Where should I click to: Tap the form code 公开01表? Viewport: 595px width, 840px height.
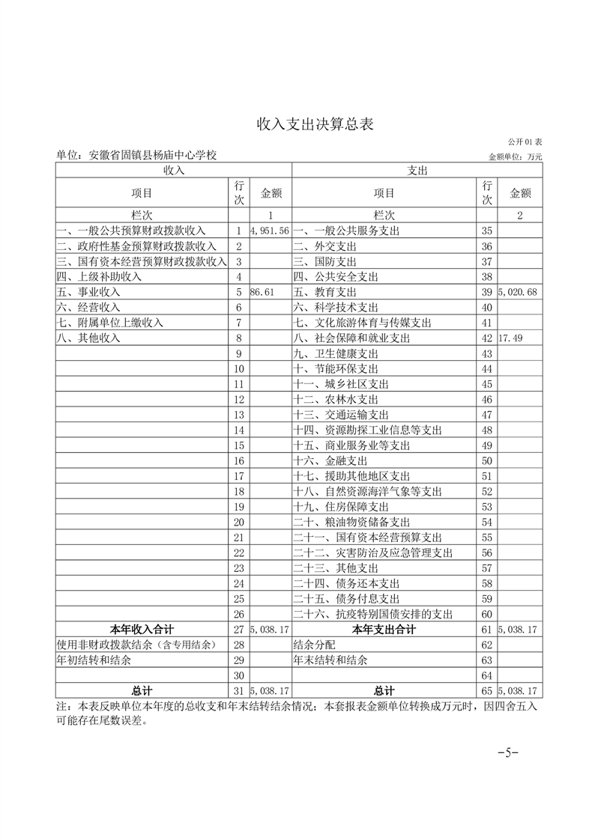tap(525, 141)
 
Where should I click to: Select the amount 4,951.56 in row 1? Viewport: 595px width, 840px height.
tap(271, 231)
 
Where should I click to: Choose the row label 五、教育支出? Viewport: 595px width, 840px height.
tap(324, 292)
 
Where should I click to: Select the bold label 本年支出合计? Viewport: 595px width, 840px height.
tap(384, 630)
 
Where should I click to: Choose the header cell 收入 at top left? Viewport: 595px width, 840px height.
tap(174, 171)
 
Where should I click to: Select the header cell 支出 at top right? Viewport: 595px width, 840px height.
tap(417, 171)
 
